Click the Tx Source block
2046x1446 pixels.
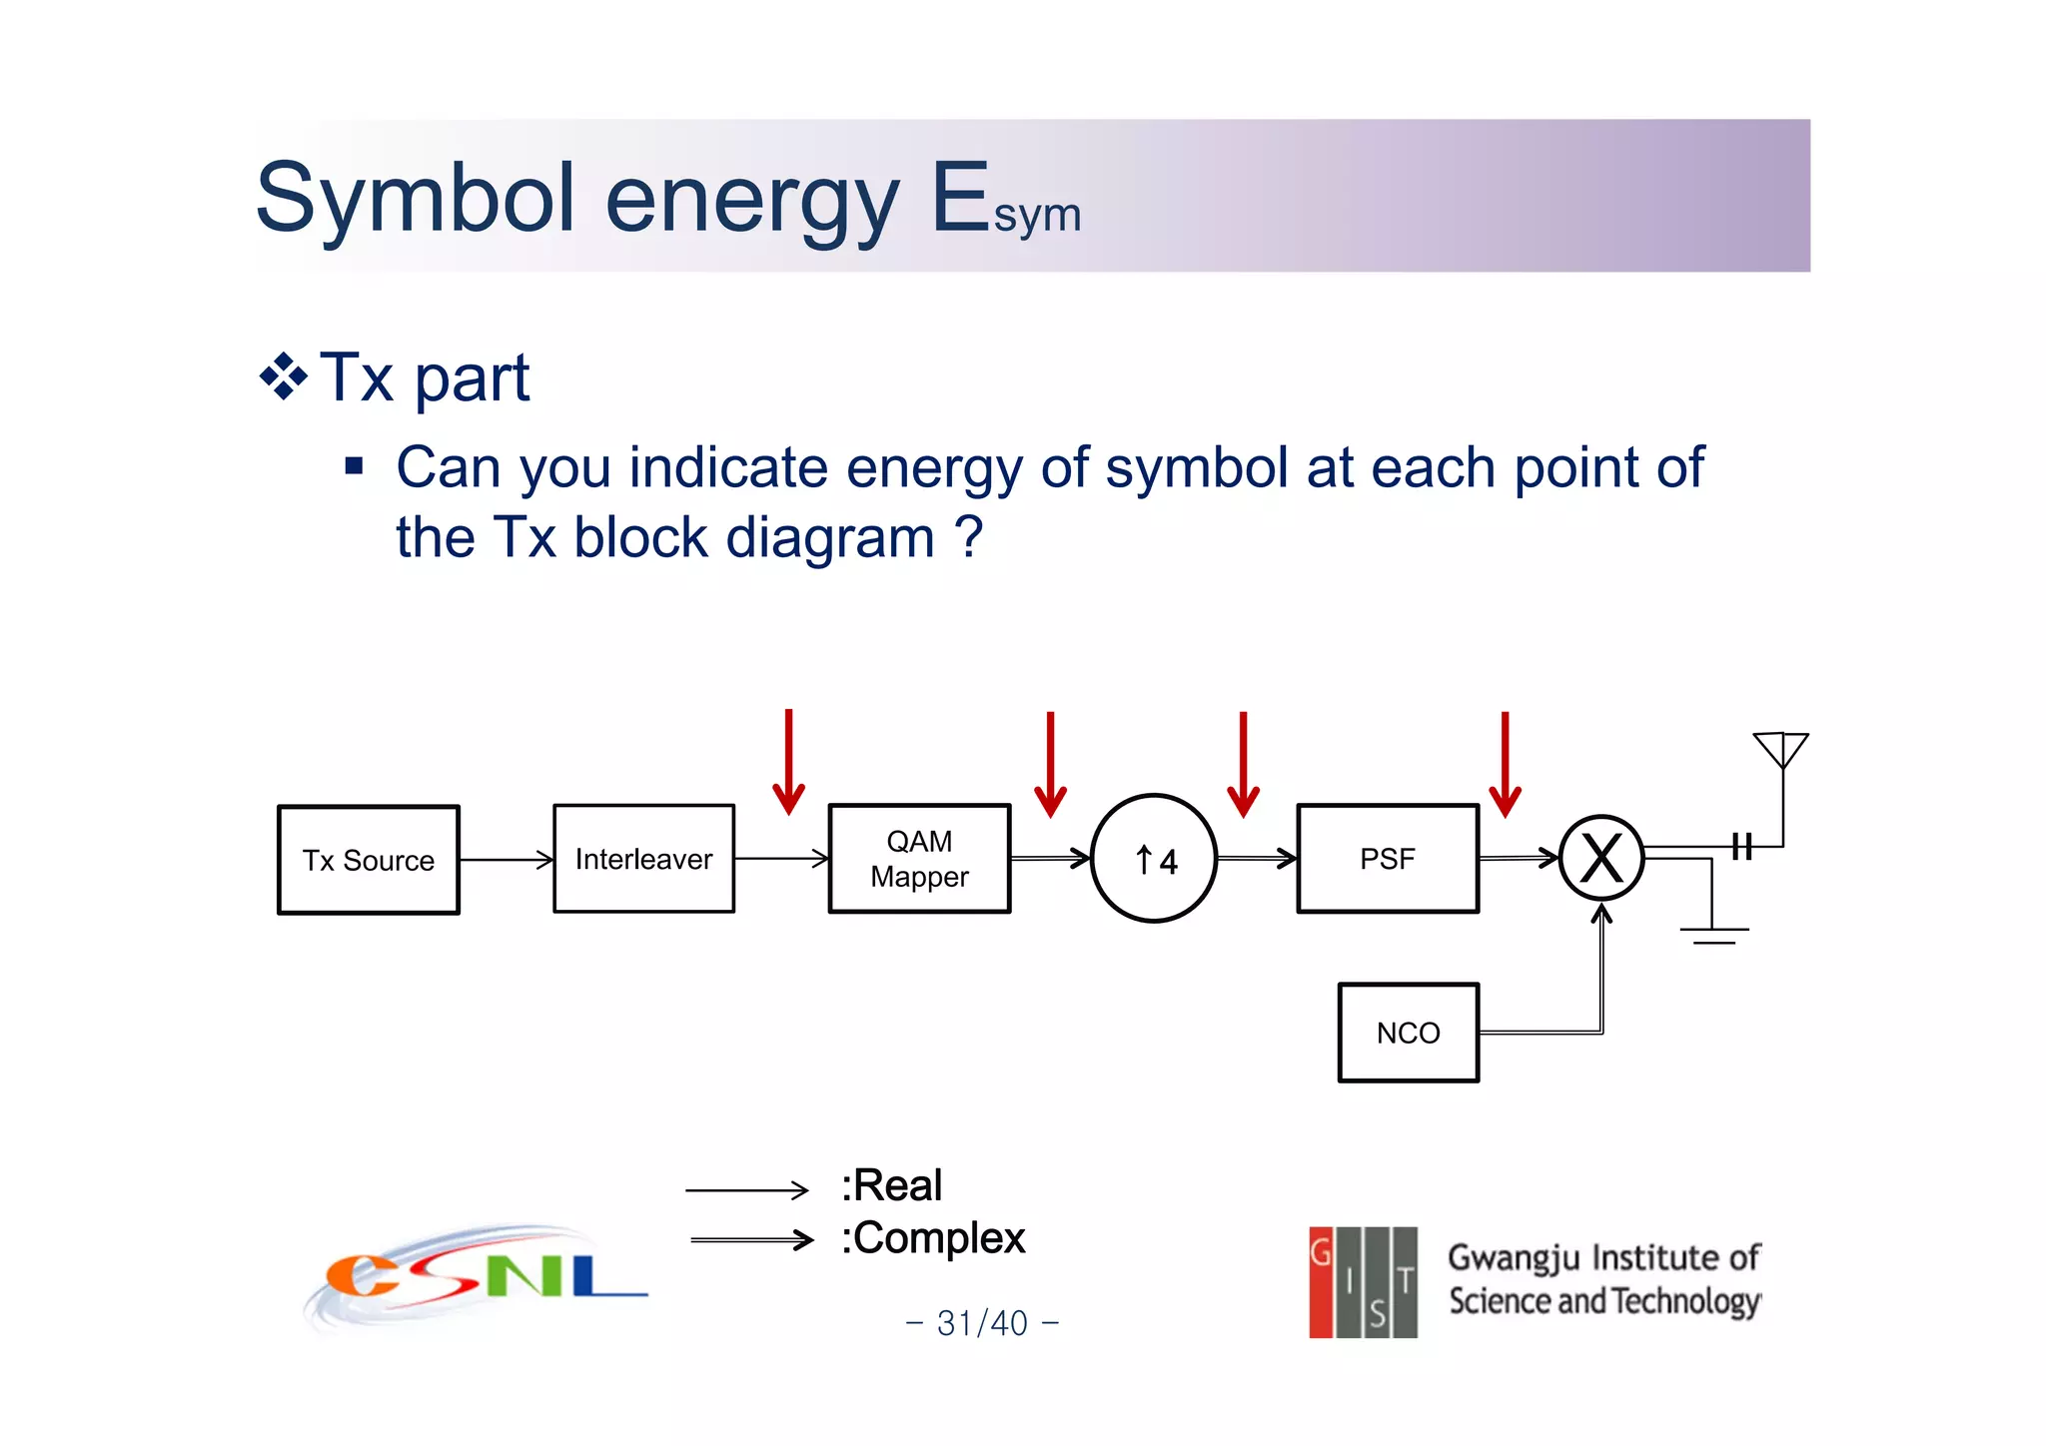pos(369,860)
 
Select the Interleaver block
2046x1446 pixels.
pos(643,859)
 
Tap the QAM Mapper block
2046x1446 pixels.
pos(919,859)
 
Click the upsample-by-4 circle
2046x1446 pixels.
pos(1154,859)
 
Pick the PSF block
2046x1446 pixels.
pos(1388,859)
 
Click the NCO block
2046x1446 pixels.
pos(1408,1033)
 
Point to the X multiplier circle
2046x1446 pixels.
pos(1601,859)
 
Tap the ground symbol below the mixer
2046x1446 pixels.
pos(1713,933)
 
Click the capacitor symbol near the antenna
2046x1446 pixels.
pos(1742,847)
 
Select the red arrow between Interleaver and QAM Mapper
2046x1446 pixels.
pos(788,763)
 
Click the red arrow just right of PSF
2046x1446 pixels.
pos(1505,765)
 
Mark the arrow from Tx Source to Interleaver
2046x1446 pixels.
pos(507,860)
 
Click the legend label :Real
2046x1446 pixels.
pos(892,1186)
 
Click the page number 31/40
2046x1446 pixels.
pos(982,1323)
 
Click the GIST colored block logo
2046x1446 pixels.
pos(1363,1282)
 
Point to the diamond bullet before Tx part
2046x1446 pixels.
pos(284,377)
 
